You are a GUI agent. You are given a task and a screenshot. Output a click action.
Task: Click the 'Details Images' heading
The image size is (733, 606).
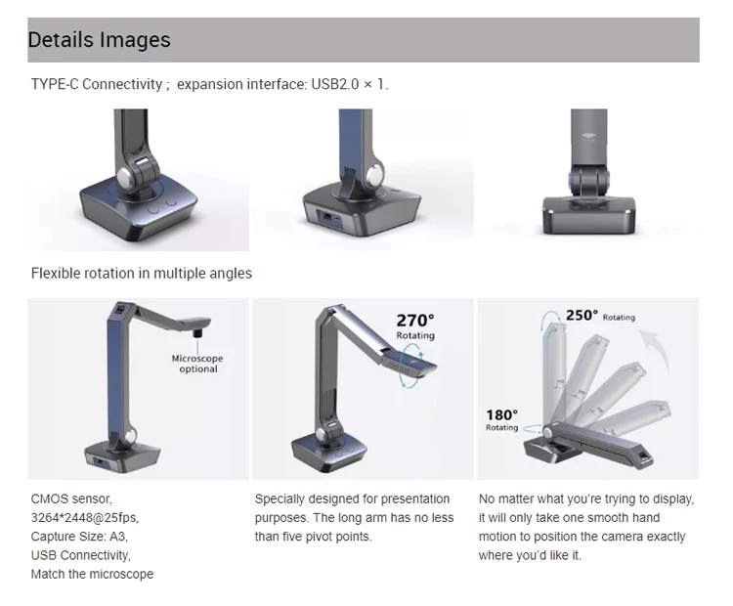[x=99, y=40]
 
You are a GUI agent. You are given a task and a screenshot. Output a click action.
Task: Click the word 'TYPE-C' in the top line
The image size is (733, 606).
[x=56, y=84]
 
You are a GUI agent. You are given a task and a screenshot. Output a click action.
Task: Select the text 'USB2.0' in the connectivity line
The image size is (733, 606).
[x=336, y=84]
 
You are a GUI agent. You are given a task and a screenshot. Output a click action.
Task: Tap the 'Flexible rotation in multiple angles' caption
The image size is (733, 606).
[x=141, y=274]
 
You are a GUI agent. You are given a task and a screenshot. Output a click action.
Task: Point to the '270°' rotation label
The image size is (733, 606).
[x=415, y=320]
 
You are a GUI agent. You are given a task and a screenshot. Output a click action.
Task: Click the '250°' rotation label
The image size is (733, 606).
[x=582, y=315]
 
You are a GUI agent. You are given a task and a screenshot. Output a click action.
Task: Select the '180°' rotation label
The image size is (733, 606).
[x=502, y=414]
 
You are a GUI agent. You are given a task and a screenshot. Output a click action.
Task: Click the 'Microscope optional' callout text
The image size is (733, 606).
[x=197, y=364]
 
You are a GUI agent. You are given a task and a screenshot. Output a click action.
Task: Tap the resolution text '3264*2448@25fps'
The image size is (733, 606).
[x=91, y=517]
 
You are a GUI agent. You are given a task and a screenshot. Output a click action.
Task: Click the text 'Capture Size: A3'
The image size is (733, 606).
[x=79, y=536]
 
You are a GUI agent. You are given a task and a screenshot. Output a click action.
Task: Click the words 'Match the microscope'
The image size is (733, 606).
[x=92, y=574]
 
